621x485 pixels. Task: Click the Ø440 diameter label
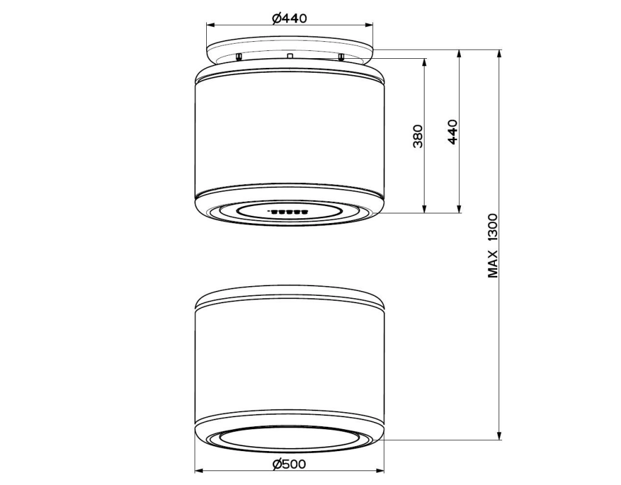point(289,18)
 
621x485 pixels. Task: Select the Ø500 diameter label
point(289,464)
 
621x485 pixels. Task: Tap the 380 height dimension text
point(418,136)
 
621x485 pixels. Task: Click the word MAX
point(492,264)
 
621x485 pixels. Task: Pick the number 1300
point(492,228)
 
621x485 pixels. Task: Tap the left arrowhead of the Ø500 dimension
point(199,471)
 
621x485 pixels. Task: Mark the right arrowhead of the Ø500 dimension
point(380,471)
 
